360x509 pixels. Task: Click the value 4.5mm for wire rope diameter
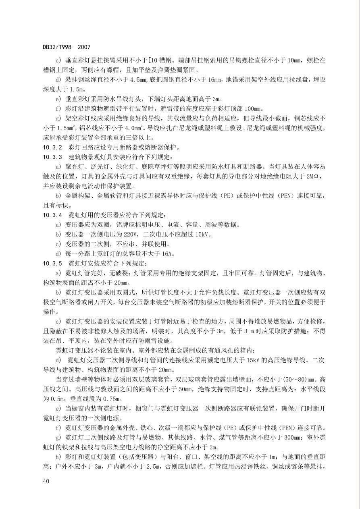[x=140, y=79]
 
